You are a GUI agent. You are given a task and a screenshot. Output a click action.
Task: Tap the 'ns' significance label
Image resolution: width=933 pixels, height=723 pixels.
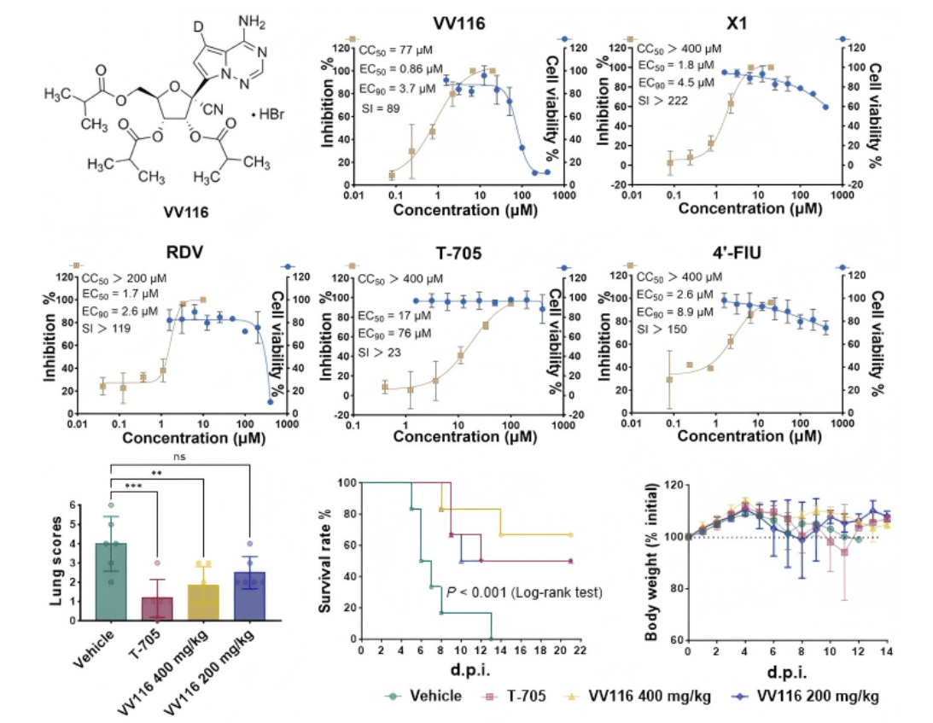(x=179, y=456)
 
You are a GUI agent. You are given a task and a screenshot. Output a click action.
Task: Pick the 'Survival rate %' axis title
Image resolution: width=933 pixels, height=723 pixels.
(x=325, y=560)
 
